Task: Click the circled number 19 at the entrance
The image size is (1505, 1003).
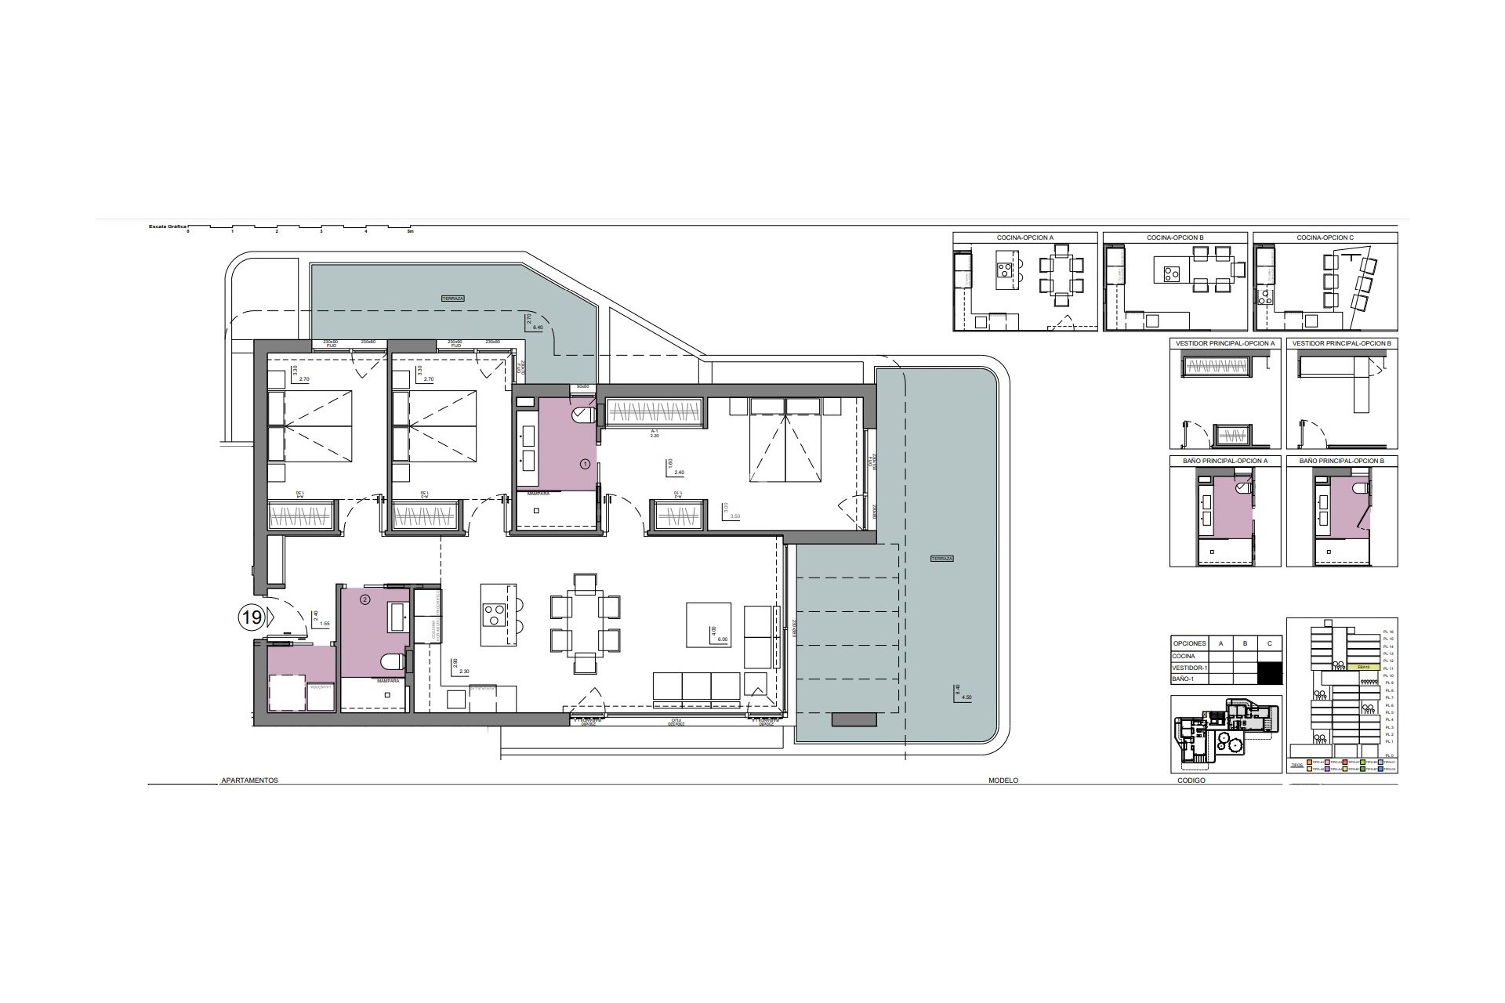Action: [x=251, y=617]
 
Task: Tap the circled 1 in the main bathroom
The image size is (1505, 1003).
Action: [x=584, y=464]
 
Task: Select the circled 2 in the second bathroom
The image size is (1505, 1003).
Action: [x=364, y=600]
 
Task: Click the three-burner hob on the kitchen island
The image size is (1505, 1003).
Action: [x=495, y=613]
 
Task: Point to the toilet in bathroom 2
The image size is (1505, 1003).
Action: [x=393, y=663]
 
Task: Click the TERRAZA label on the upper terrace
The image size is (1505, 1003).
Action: [x=452, y=299]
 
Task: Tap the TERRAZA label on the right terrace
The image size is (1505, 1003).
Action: [x=941, y=559]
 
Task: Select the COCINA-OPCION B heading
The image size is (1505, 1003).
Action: [x=1174, y=237]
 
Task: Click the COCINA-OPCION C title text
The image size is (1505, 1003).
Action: [x=1325, y=237]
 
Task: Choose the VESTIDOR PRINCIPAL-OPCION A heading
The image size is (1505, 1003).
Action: [x=1225, y=344]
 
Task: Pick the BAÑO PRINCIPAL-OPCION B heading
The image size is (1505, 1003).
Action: [x=1341, y=462]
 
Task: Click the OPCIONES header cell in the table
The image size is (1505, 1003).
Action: [x=1189, y=643]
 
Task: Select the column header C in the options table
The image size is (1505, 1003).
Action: [x=1270, y=643]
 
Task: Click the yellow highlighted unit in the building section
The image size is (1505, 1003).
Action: [x=1362, y=667]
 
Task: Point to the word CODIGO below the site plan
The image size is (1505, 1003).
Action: [x=1191, y=780]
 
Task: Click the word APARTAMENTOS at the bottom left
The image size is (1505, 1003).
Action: [x=250, y=780]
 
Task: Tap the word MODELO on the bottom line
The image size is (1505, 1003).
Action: [x=1003, y=780]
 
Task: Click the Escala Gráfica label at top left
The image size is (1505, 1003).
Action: [x=167, y=226]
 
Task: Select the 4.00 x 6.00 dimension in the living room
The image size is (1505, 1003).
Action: [x=716, y=634]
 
